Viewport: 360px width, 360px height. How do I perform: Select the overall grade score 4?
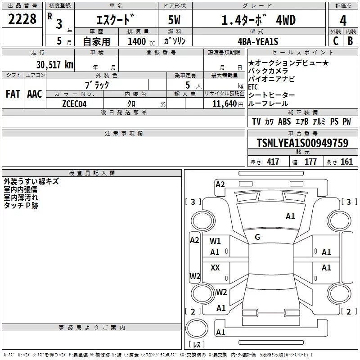tap(343, 20)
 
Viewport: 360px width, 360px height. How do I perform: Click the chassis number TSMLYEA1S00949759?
tap(302, 144)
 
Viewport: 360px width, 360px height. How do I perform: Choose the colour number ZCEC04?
tap(74, 103)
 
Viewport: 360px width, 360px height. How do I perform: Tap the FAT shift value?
tap(13, 94)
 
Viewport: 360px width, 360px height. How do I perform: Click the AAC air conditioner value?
tap(34, 94)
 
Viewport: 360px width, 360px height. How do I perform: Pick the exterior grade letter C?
tap(335, 40)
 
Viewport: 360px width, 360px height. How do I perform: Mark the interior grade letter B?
tap(350, 40)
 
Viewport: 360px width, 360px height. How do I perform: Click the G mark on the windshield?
tap(257, 237)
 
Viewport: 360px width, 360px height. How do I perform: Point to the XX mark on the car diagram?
tap(215, 268)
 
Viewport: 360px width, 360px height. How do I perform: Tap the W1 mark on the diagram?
tap(215, 241)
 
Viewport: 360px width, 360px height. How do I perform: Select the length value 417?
tap(273, 162)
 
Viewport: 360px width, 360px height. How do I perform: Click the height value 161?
tap(346, 162)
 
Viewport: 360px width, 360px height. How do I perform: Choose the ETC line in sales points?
tap(253, 87)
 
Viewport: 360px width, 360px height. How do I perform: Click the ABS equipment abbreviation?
tap(284, 121)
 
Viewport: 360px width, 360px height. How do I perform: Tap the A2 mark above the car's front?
tap(220, 184)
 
